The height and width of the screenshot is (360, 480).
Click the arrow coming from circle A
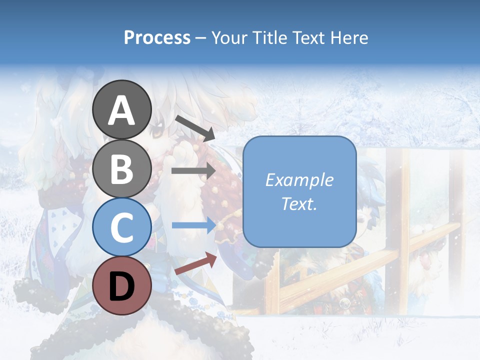195,128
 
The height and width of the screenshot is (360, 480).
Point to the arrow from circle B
193,171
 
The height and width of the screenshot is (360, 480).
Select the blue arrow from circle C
194,225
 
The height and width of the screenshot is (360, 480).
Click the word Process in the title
157,37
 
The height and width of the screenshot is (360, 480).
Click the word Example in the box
299,180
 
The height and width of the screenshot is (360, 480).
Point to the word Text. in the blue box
299,203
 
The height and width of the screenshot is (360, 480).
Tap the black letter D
121,286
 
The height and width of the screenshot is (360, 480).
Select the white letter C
121,228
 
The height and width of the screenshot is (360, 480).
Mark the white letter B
121,169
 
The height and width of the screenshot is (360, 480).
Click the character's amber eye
157,132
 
